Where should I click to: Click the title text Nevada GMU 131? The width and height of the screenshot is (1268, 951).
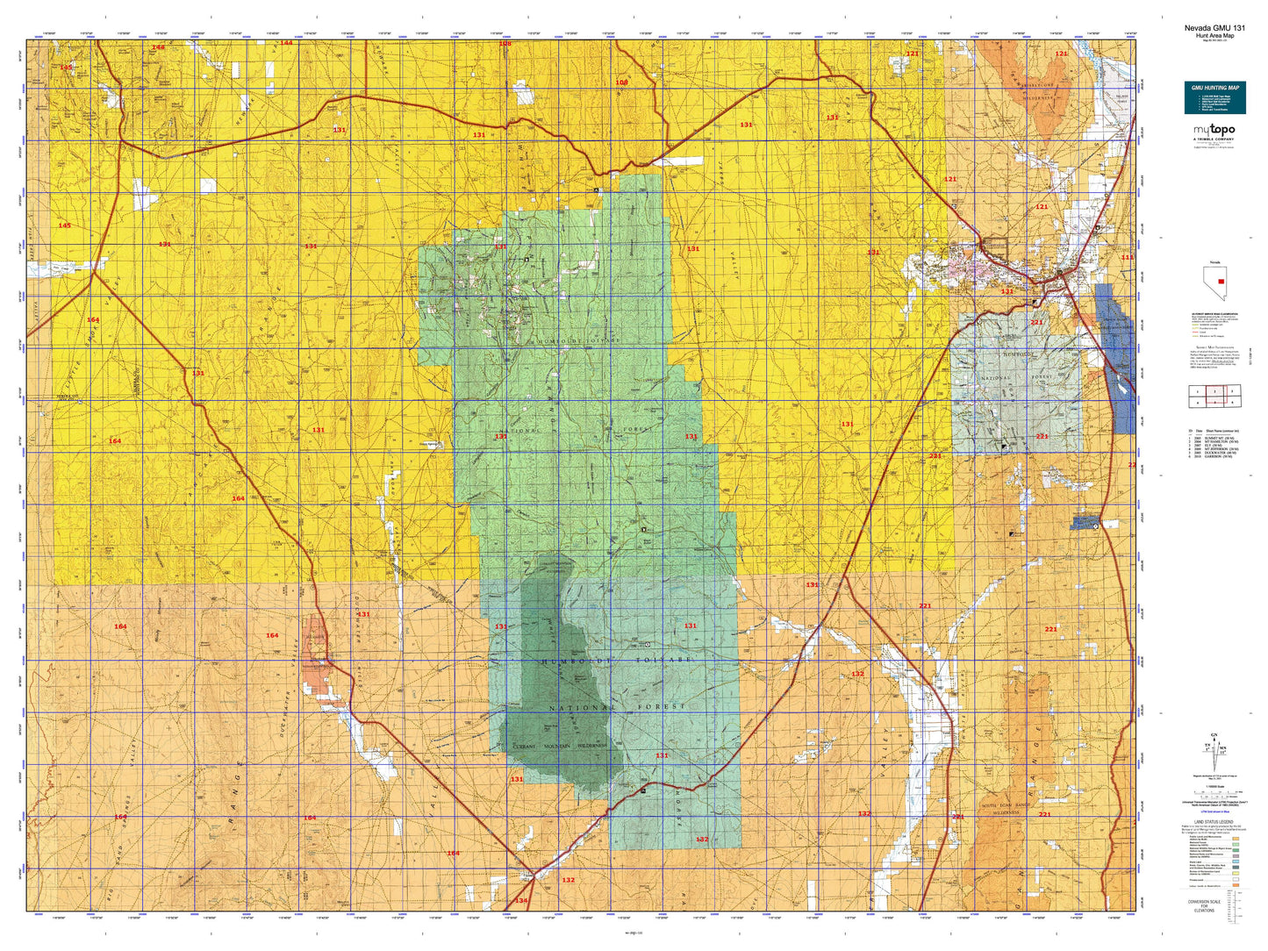pyautogui.click(x=1214, y=28)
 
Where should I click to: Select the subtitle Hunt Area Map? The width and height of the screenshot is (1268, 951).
pyautogui.click(x=1214, y=36)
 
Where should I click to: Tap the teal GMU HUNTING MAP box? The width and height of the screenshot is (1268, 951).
pyautogui.click(x=1214, y=97)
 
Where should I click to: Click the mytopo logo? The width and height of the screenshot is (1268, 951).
pyautogui.click(x=1214, y=131)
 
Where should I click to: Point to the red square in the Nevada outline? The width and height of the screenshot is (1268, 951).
pyautogui.click(x=1221, y=282)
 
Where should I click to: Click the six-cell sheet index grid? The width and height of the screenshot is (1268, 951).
pyautogui.click(x=1214, y=397)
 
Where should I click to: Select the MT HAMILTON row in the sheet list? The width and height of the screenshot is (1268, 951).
pyautogui.click(x=1214, y=441)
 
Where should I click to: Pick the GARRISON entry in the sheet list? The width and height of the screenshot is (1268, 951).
pyautogui.click(x=1214, y=456)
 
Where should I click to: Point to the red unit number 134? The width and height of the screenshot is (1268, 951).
pyautogui.click(x=521, y=901)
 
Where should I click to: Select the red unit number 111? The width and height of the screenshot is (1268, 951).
pyautogui.click(x=1127, y=257)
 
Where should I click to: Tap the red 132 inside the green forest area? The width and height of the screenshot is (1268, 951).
pyautogui.click(x=702, y=840)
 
